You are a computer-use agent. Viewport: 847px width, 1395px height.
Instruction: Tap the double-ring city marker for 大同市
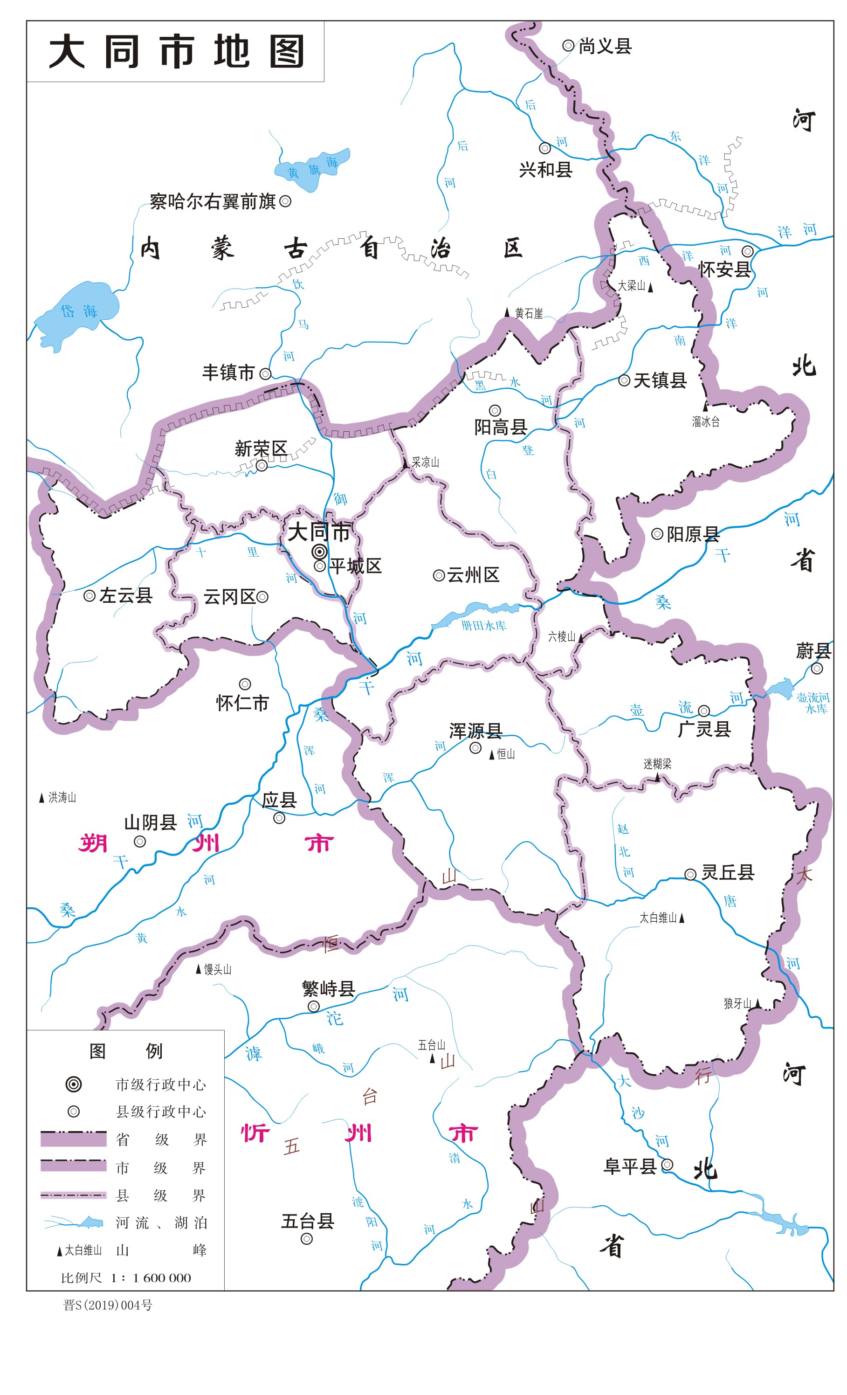pos(320,552)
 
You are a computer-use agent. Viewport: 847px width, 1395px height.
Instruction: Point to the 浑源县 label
pos(475,731)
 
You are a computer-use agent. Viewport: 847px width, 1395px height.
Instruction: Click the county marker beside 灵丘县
pos(690,875)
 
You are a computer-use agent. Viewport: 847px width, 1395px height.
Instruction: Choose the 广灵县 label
pos(704,729)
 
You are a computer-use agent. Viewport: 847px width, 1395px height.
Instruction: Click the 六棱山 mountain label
pos(561,637)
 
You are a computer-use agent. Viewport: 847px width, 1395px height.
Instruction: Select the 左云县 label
pos(126,595)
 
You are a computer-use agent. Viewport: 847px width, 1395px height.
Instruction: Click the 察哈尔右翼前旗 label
pos(213,201)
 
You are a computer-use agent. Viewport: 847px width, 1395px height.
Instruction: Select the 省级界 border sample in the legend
pos(73,1139)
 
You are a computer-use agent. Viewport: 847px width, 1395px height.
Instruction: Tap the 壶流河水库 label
pos(813,703)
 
